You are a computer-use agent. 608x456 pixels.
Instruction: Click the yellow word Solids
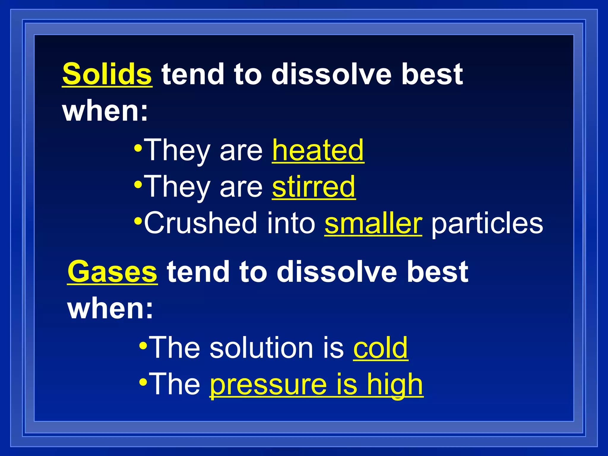tap(107, 74)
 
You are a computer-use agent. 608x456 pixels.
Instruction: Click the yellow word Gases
tap(112, 271)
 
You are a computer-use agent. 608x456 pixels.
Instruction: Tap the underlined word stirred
tap(314, 187)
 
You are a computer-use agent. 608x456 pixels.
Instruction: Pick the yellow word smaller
tap(373, 223)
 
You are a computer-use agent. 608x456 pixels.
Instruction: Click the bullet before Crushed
tap(138, 221)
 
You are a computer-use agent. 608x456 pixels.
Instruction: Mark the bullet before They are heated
tap(138, 148)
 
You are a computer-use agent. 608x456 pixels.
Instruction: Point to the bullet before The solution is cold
tap(143, 346)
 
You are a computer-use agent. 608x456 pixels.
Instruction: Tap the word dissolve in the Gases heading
tap(337, 271)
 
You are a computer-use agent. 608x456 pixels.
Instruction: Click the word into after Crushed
tap(291, 223)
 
